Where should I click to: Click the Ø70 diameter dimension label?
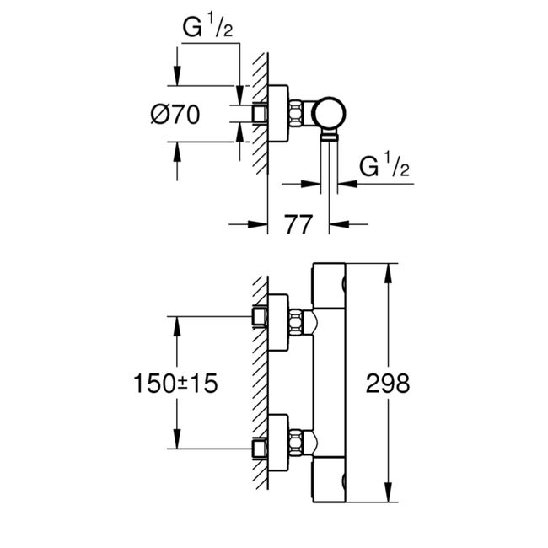pos(175,115)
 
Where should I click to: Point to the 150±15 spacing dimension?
pos(175,384)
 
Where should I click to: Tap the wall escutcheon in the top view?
pos(279,113)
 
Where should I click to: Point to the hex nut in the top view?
pos(299,113)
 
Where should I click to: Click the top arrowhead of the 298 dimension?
pos(388,269)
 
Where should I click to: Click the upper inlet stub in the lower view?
pos(260,317)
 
